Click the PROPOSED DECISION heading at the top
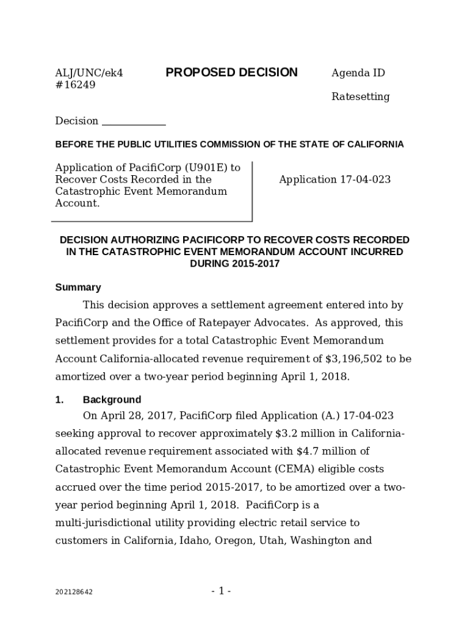tap(231, 73)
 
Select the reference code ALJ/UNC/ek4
tap(89, 73)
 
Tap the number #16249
tap(75, 85)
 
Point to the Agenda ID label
tap(358, 73)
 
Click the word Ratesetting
tap(360, 97)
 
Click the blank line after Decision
tap(134, 121)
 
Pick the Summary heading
tap(78, 287)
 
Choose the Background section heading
tap(112, 400)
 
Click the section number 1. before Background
tap(59, 400)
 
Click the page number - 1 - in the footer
tap(221, 591)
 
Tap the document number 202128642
tap(74, 592)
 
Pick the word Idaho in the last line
tap(192, 541)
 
